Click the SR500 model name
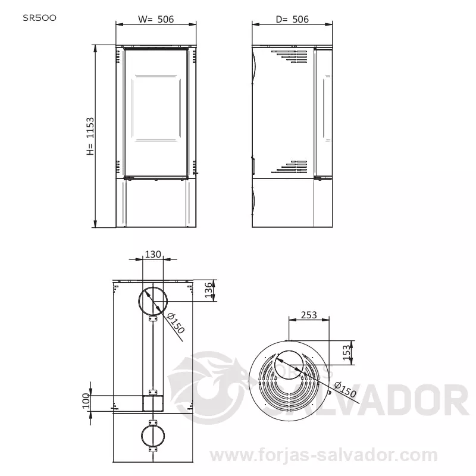tap(39, 18)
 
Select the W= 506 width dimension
tap(156, 20)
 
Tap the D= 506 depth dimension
tap(292, 20)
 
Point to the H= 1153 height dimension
tap(90, 136)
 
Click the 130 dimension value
tap(153, 254)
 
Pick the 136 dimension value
tap(208, 290)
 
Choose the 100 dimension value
tap(86, 400)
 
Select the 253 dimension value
tap(309, 315)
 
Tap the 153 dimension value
tap(346, 352)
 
